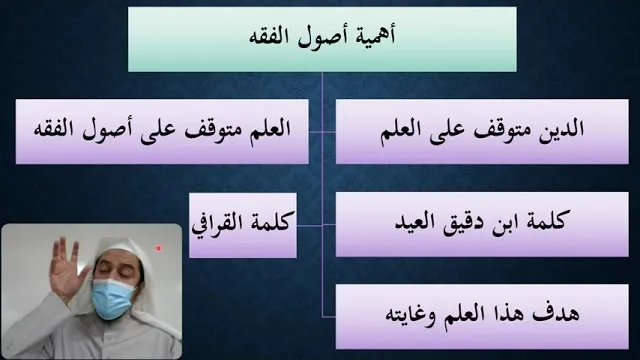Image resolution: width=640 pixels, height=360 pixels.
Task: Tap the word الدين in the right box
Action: [562, 129]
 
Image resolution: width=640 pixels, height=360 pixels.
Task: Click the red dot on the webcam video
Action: [158, 248]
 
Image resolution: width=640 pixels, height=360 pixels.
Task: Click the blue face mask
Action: [113, 298]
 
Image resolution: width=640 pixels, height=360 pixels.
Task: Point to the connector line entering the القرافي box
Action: [309, 225]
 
